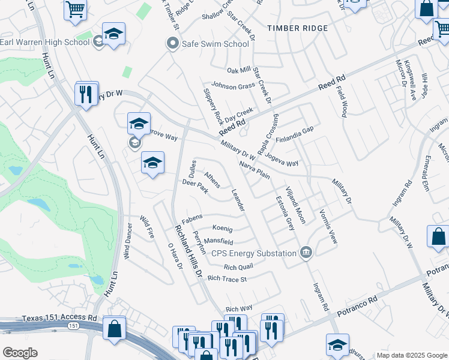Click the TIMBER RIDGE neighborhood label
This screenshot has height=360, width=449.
coord(298,28)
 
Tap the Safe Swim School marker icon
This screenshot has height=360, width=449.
coord(173,43)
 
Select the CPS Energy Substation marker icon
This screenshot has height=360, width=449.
coord(306,253)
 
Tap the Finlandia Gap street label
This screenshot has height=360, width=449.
coord(295,130)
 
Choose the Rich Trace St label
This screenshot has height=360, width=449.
coord(227,279)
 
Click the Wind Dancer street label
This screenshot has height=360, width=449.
coord(128,241)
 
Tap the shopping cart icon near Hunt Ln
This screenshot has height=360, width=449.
coord(76,8)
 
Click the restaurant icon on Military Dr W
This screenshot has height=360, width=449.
coord(87,94)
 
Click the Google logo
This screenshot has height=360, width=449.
coord(20,353)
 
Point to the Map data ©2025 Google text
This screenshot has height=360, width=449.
coord(411,355)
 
